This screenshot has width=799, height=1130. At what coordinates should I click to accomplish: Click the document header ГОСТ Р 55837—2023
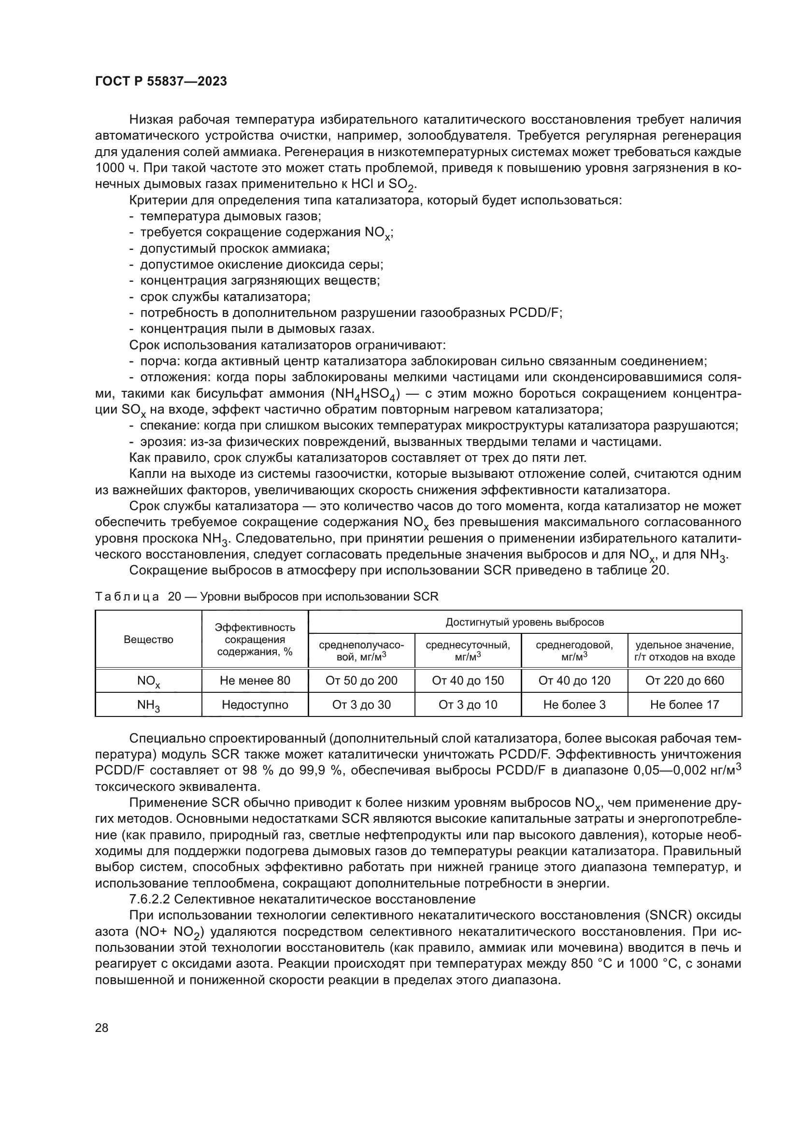point(161,82)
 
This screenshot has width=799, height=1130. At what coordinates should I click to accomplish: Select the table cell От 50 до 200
point(361,681)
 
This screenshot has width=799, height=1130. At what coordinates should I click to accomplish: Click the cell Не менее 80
point(255,681)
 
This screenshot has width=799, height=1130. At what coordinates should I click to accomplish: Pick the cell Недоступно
point(255,705)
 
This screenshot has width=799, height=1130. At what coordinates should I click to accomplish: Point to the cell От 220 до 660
point(685,681)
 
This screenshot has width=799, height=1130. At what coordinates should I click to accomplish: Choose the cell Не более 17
point(685,705)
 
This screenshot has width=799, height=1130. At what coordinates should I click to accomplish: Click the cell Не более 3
point(574,705)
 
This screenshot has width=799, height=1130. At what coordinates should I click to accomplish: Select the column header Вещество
point(149,640)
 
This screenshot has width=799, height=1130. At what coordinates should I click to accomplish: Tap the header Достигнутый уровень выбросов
point(525,622)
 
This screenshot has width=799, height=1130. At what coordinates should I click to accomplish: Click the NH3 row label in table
point(149,705)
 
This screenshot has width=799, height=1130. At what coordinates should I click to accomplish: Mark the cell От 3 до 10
point(468,705)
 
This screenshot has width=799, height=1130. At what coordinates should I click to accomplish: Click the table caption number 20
point(174,597)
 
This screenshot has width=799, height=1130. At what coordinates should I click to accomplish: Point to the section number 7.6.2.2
point(149,899)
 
